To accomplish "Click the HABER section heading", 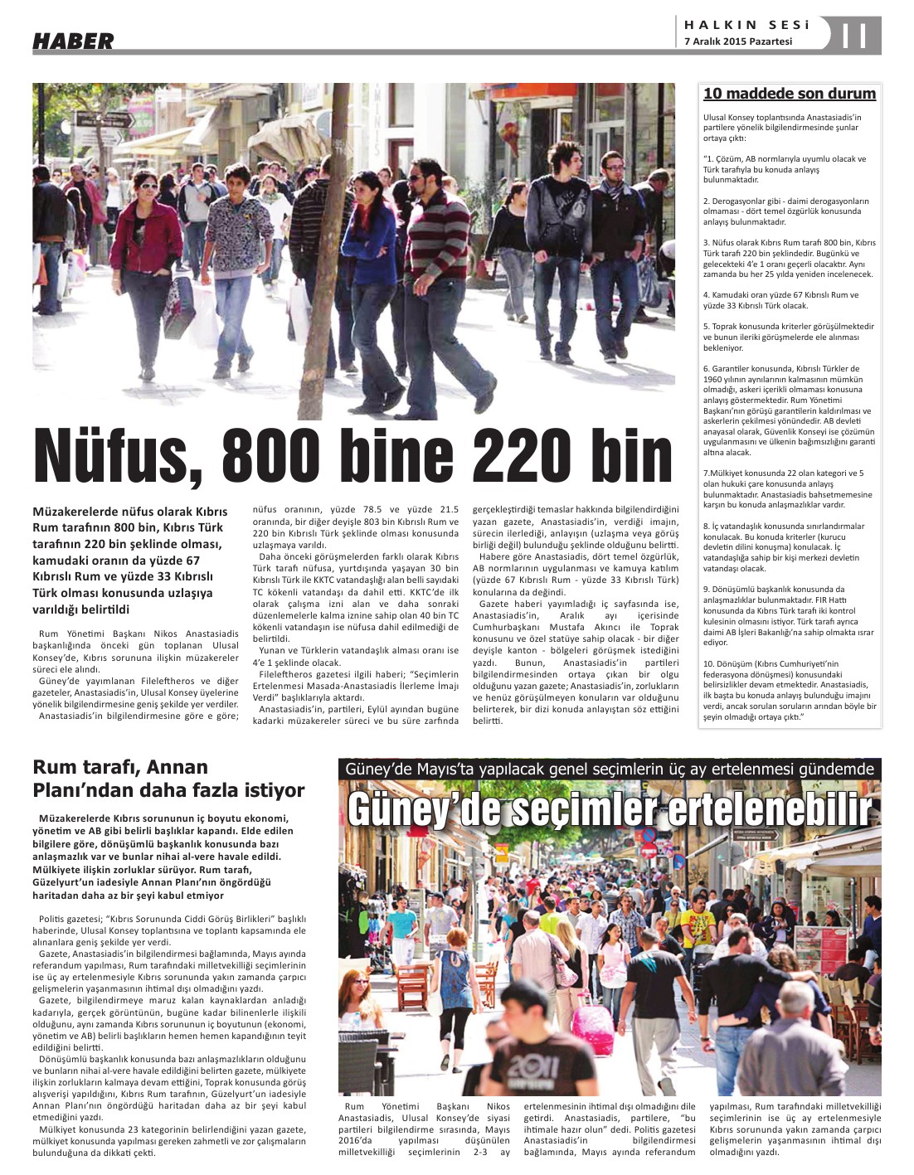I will [73, 41].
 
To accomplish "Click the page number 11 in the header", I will [854, 36].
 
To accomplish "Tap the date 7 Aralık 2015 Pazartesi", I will [737, 41].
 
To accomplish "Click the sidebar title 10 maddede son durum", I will [789, 94].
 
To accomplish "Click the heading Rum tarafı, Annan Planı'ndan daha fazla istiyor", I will [168, 778].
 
